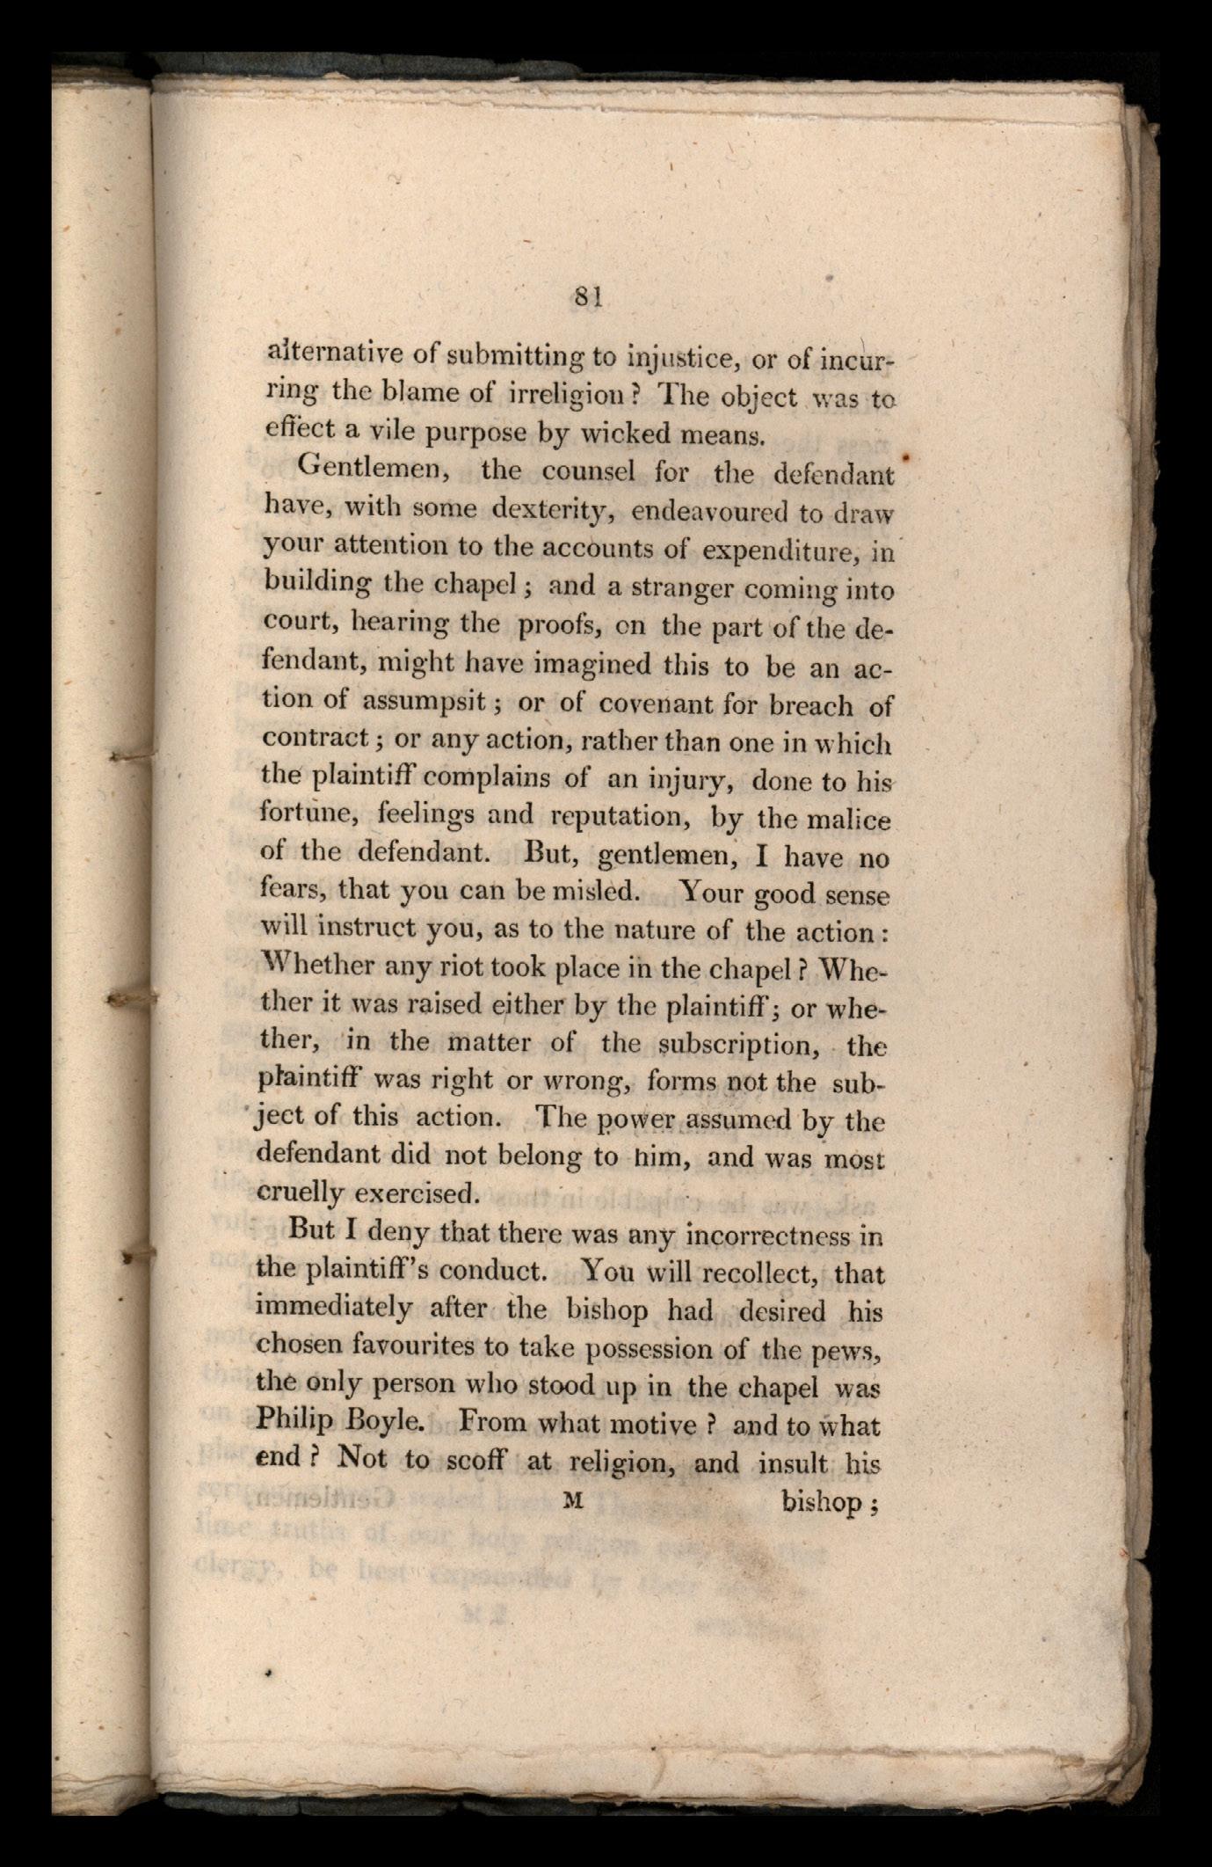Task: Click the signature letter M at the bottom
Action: [573, 1501]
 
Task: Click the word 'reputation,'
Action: [609, 817]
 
